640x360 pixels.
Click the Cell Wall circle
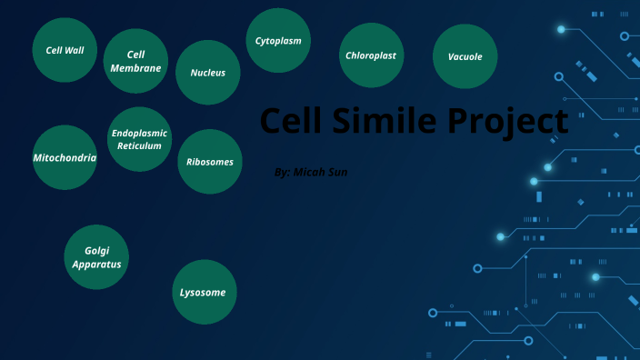[x=65, y=50]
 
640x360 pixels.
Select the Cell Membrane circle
[x=135, y=61]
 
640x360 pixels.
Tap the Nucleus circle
[x=207, y=72]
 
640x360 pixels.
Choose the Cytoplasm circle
[x=278, y=41]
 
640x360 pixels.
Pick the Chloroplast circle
[x=371, y=55]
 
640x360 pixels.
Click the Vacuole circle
[x=465, y=56]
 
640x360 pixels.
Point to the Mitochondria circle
[x=65, y=157]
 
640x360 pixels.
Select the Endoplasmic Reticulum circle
[x=139, y=139]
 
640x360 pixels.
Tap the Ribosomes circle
[x=210, y=162]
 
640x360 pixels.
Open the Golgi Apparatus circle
[x=96, y=257]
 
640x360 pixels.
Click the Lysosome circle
[x=205, y=292]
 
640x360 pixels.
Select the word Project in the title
[x=513, y=121]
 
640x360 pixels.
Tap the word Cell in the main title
[x=294, y=121]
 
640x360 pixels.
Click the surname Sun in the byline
[x=339, y=172]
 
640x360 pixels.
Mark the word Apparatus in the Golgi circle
[x=96, y=264]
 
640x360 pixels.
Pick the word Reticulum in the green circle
[x=139, y=145]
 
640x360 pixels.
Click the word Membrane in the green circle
[x=135, y=68]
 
